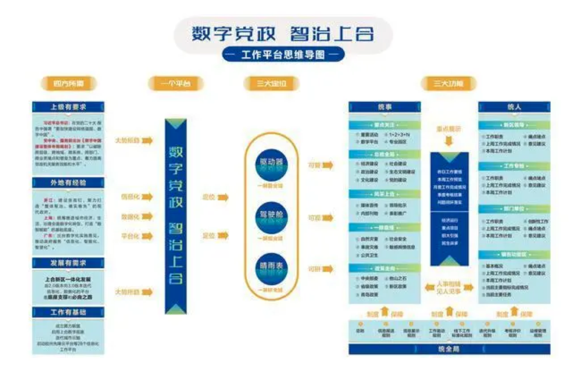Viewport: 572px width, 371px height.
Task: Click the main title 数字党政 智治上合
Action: click(x=283, y=33)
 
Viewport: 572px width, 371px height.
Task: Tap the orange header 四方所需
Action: click(x=68, y=84)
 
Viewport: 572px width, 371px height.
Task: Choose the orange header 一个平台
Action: click(x=176, y=84)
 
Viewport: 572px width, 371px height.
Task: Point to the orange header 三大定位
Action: click(x=271, y=84)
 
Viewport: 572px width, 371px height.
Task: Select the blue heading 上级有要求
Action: click(x=68, y=107)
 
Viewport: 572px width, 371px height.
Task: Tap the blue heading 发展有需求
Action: click(x=68, y=263)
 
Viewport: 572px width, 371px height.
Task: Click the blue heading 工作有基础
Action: click(x=68, y=312)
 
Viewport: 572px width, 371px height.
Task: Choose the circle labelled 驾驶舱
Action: click(x=271, y=217)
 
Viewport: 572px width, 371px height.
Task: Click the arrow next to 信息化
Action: click(x=147, y=197)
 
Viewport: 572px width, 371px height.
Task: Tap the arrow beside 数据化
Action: click(x=147, y=217)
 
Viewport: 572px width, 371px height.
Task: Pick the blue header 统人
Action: click(x=514, y=107)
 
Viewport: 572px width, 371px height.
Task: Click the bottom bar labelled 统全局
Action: click(x=449, y=349)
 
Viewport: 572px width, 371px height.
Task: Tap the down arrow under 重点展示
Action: click(x=449, y=142)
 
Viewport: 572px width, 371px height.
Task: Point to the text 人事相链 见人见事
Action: click(x=449, y=288)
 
